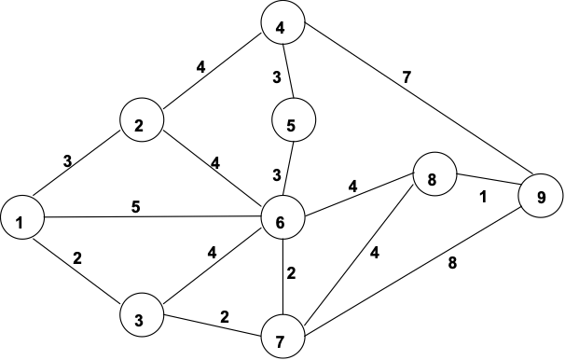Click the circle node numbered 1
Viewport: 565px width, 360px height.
(x=22, y=220)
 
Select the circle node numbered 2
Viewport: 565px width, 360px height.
(x=143, y=120)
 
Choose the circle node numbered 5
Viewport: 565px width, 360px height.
(x=294, y=120)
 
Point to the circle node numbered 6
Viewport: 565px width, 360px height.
(x=283, y=219)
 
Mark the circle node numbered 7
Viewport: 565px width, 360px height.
(x=283, y=338)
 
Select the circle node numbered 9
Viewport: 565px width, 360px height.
(x=542, y=197)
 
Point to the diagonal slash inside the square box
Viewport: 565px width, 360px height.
(x=290, y=169)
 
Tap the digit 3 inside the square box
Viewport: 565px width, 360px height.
(x=276, y=174)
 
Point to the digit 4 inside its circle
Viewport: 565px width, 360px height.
(x=280, y=28)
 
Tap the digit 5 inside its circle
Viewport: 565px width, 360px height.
(x=290, y=125)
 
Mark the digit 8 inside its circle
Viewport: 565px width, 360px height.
(x=431, y=180)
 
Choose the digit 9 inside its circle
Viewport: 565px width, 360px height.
(x=541, y=198)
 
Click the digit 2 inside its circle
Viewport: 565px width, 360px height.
(x=139, y=126)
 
